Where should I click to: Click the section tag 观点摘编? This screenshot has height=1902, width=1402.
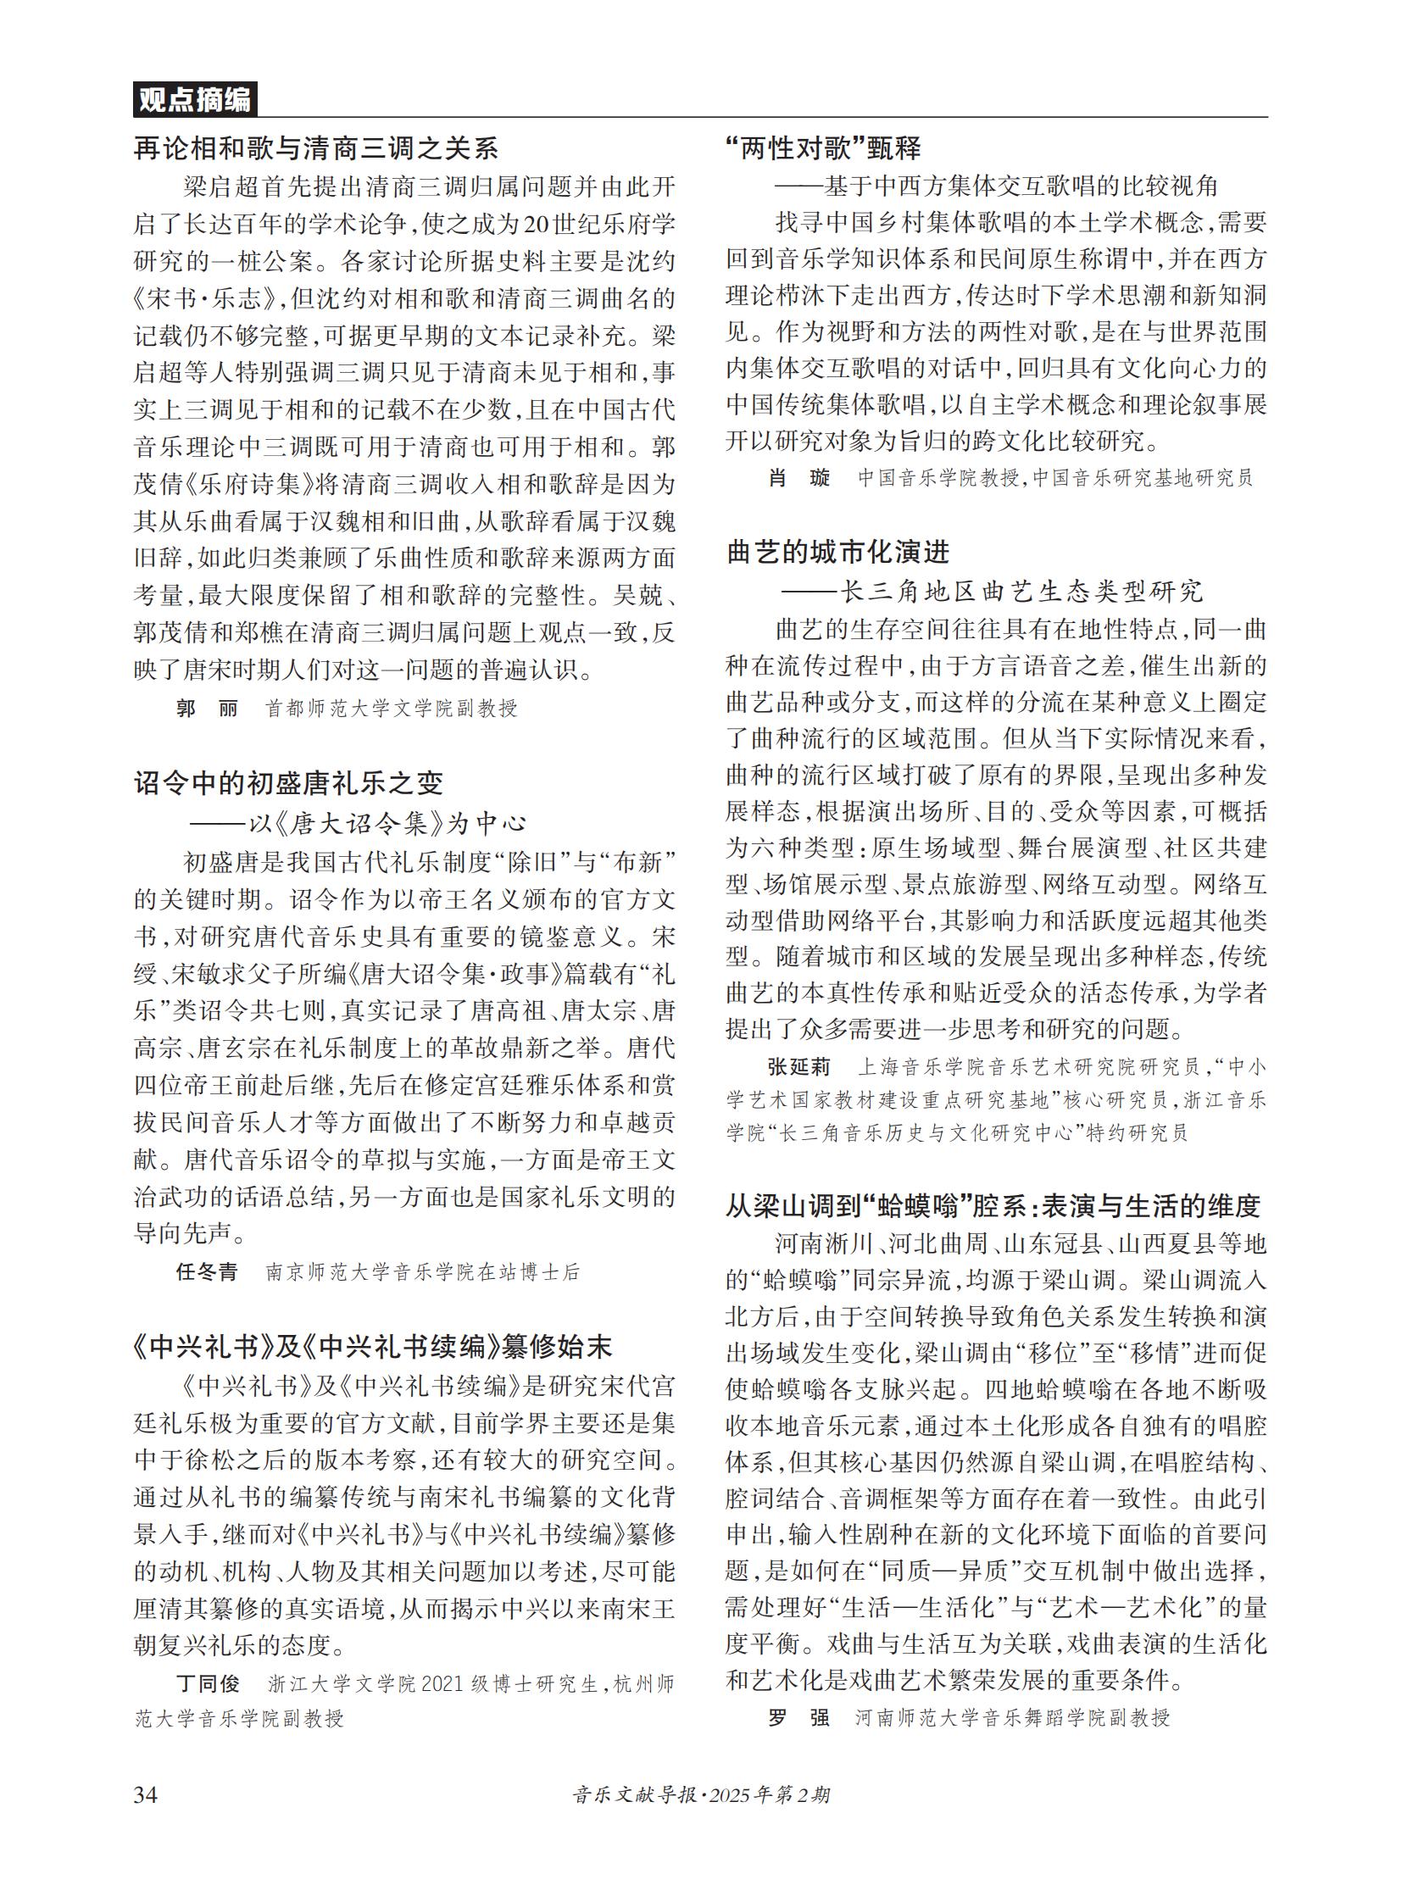click(x=194, y=100)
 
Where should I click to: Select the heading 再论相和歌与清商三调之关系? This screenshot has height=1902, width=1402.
click(x=315, y=149)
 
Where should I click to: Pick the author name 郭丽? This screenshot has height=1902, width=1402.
click(x=207, y=708)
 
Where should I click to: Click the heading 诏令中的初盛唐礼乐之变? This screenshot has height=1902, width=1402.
click(x=288, y=782)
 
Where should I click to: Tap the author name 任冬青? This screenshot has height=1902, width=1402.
click(x=207, y=1271)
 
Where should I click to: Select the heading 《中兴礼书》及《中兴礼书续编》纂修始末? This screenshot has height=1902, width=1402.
click(x=373, y=1347)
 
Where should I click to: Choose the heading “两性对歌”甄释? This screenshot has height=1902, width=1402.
click(x=823, y=148)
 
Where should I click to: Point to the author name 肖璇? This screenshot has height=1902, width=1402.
click(x=798, y=478)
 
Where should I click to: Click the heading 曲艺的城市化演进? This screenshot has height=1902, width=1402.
click(x=837, y=553)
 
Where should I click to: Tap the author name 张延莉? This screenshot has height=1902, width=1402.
click(x=798, y=1067)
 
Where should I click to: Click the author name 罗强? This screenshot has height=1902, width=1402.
click(x=798, y=1719)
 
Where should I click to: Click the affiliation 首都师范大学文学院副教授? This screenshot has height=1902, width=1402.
click(x=392, y=708)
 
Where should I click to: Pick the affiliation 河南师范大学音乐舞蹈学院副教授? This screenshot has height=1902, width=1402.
click(x=1011, y=1719)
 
